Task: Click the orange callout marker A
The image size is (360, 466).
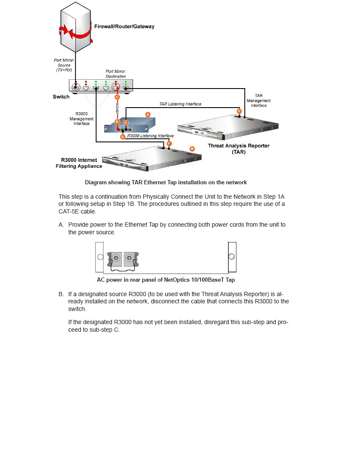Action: coord(148,114)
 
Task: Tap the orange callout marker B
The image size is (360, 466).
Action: coord(192,149)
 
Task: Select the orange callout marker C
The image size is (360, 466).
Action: coord(117,97)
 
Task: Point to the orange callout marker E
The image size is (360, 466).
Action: coord(123,137)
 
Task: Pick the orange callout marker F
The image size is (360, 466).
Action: coord(169,144)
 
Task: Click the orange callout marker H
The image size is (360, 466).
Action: coord(239,111)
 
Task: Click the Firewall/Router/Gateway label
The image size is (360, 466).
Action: coord(124,26)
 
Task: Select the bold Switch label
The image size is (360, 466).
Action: coord(61,97)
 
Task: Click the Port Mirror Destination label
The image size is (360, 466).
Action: coord(116,74)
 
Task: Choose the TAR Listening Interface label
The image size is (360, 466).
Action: coord(180,104)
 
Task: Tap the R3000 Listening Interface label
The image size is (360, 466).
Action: coord(150,136)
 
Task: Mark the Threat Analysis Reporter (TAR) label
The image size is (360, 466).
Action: coord(238,149)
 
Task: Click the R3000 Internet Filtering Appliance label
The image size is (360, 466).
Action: coord(79,163)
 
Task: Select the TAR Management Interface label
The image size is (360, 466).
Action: coord(258,100)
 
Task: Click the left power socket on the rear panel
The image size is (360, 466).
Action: coord(115,258)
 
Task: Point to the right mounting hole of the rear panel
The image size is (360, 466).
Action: coord(231,257)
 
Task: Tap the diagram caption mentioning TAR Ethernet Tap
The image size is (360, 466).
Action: coord(166,182)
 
